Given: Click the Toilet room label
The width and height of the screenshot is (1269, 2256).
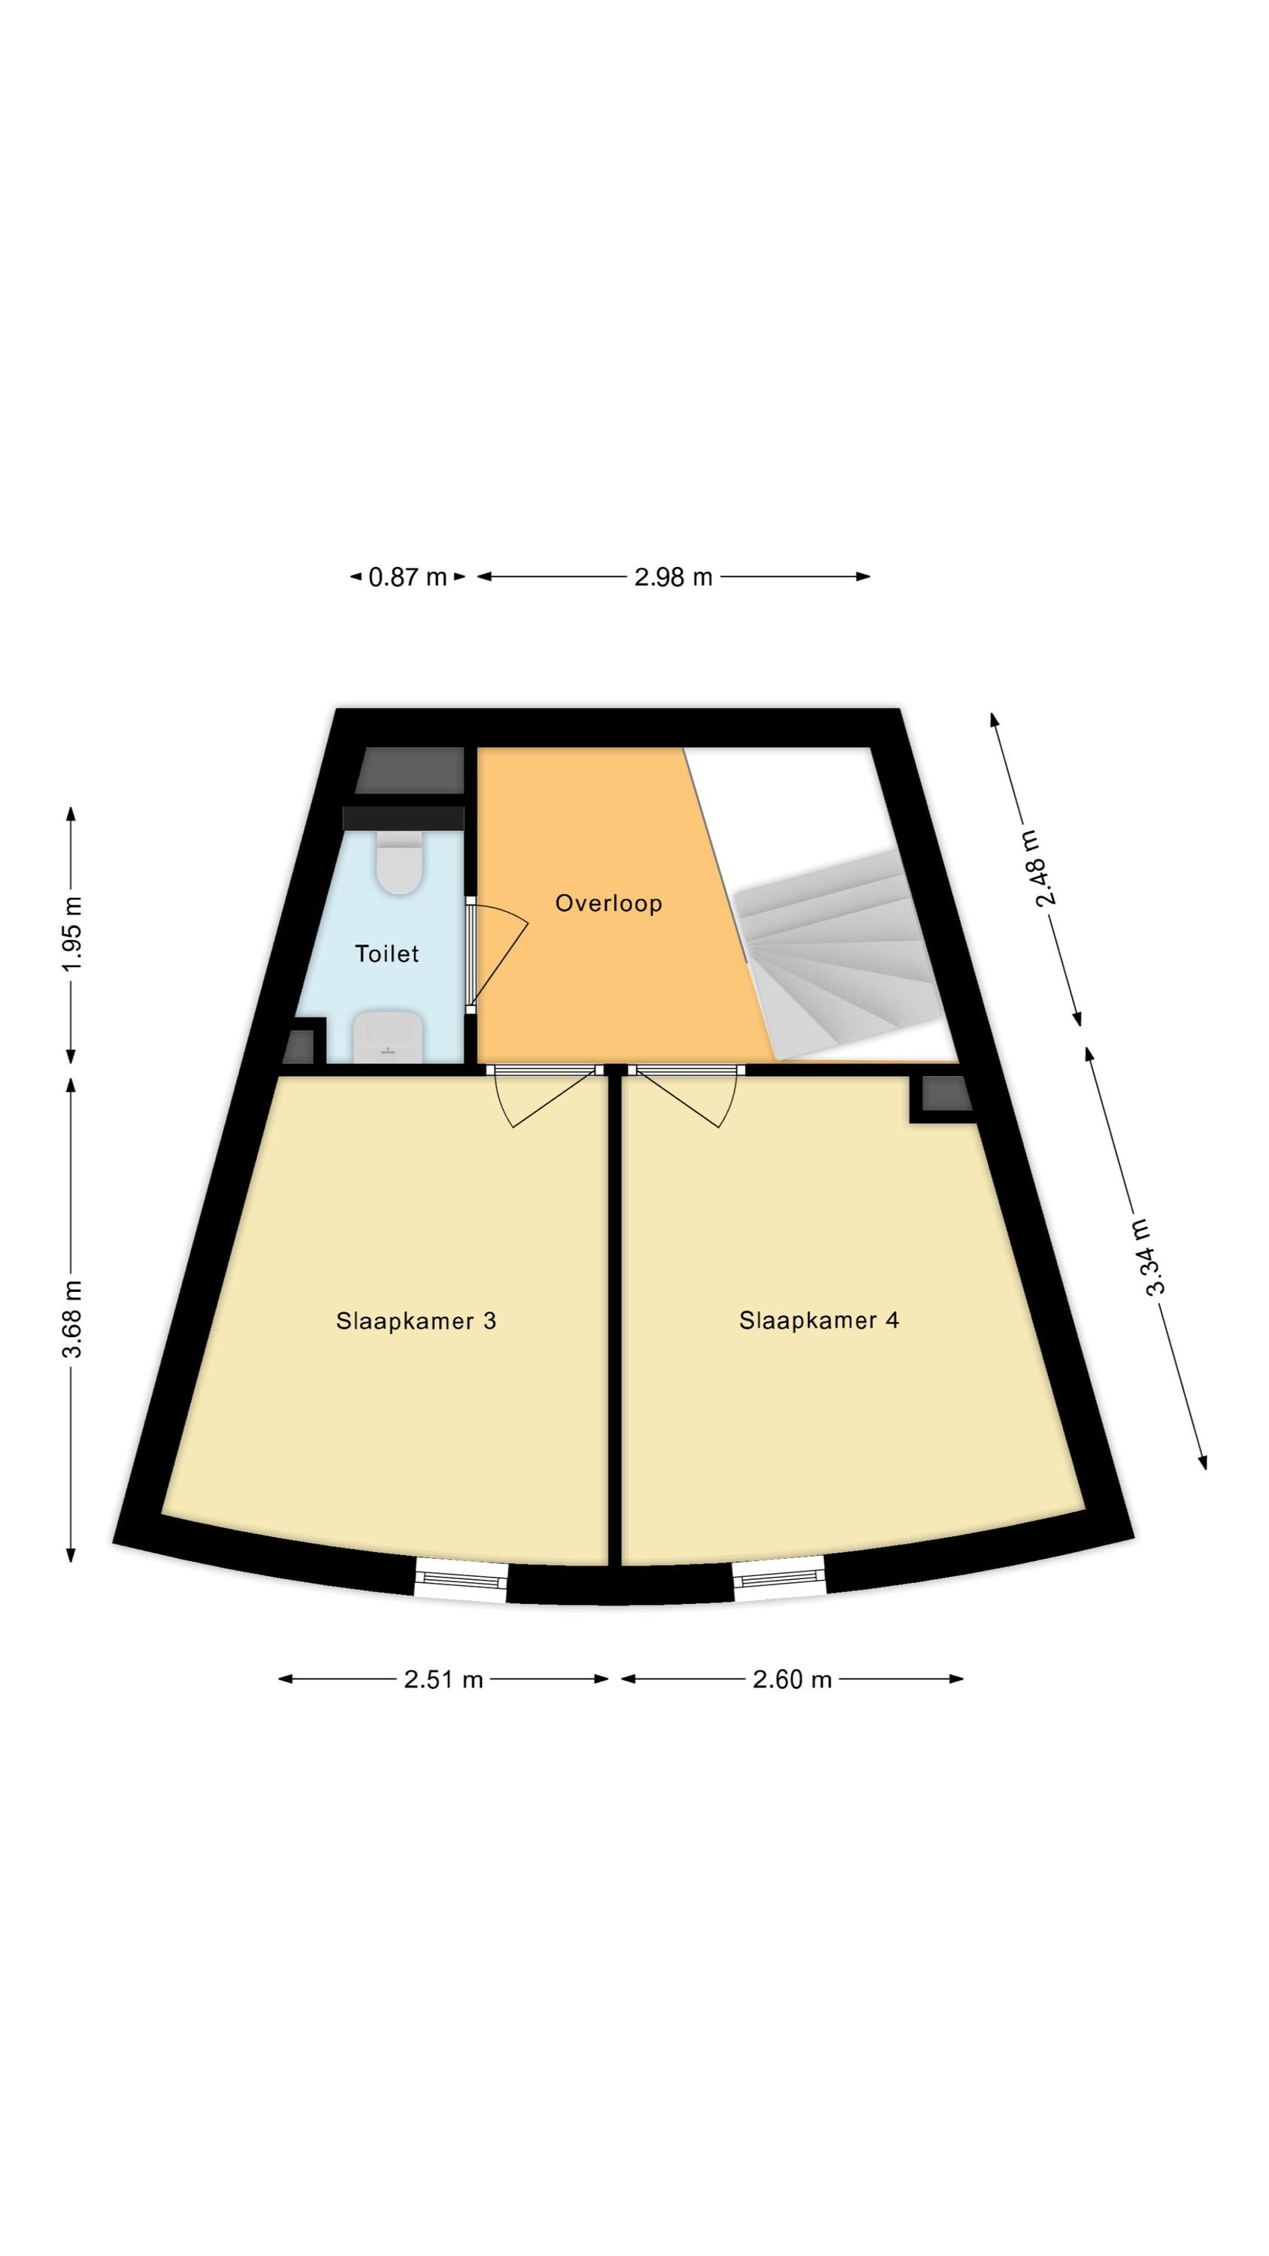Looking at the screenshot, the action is [386, 953].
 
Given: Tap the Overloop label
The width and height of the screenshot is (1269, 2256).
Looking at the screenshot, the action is [609, 903].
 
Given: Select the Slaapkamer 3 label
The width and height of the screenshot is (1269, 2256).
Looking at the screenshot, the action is [416, 1321].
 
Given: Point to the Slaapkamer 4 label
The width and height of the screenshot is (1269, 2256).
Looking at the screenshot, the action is [819, 1320].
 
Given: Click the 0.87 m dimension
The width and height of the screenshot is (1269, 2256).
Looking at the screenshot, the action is [407, 577].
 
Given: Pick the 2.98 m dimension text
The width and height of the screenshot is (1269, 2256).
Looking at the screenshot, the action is [674, 577].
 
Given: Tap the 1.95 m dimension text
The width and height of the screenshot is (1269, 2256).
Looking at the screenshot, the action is [72, 932].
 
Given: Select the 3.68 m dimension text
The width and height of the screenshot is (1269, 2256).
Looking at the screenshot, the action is [72, 1318].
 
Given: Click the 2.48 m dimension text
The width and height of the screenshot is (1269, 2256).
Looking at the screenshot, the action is [1046, 868].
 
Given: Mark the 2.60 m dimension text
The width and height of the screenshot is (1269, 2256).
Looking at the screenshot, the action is [792, 1679].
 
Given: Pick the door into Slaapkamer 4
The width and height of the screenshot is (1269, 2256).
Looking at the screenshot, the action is [686, 1096].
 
